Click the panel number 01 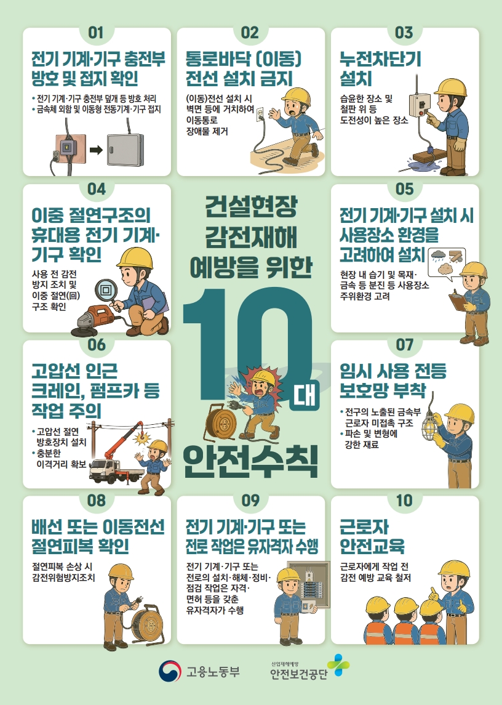pos(96,33)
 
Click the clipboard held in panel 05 pos(459,301)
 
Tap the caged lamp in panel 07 pos(429,427)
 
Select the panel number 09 pos(250,501)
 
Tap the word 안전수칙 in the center pos(250,462)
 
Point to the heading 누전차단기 pos(380,59)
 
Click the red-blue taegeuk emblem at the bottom pos(169,671)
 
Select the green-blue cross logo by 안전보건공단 pos(338,666)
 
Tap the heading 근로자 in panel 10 pos(364,526)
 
